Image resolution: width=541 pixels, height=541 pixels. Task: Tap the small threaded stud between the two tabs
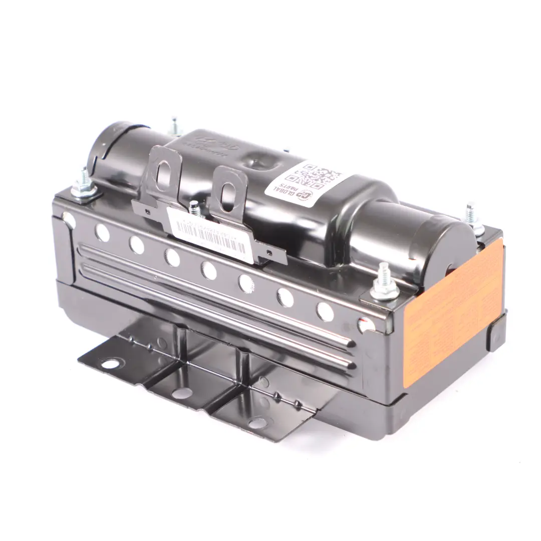pyautogui.click(x=193, y=208)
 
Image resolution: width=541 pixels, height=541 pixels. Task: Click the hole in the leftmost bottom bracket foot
pyautogui.click(x=111, y=363)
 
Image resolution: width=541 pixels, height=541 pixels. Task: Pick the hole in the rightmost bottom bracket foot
pyautogui.click(x=257, y=423)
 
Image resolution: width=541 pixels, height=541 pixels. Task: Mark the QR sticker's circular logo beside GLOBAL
pyautogui.click(x=308, y=197)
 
